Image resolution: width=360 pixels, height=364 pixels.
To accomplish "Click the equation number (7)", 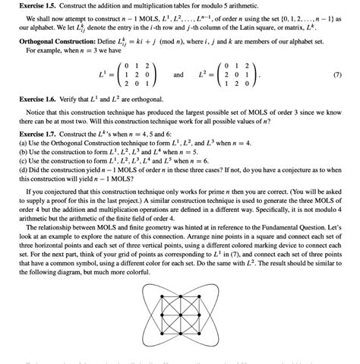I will pos(346,77).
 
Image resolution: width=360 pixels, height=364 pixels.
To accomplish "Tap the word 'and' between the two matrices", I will pos(178,77).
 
